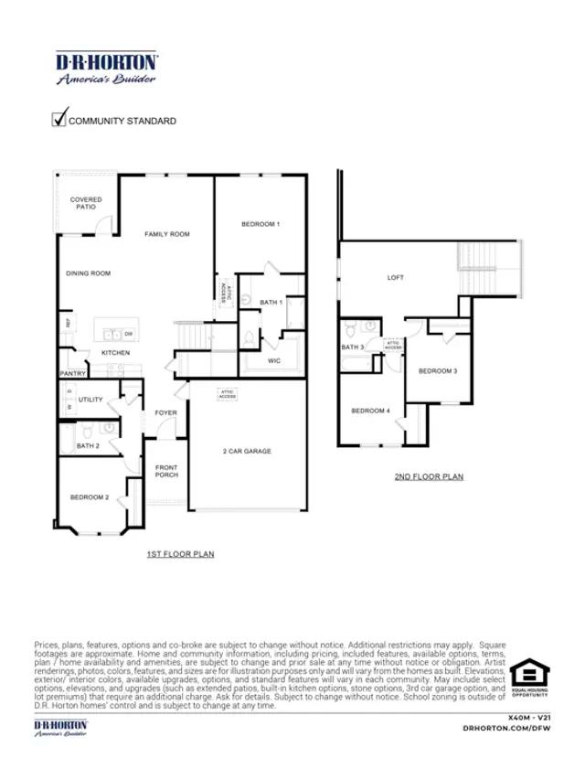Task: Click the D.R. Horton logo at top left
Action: [107, 68]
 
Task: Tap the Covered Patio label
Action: [86, 203]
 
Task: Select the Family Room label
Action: [167, 235]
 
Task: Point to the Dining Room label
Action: [88, 273]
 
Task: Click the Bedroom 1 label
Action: [261, 224]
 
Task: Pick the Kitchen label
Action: [115, 353]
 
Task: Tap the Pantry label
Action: [73, 374]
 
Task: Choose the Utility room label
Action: [90, 400]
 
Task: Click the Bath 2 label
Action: [88, 446]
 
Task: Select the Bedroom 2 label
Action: [90, 497]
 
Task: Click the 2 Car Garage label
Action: [247, 452]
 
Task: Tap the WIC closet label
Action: [273, 361]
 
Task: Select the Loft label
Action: [395, 277]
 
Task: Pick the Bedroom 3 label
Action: [437, 371]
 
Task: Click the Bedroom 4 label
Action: [371, 411]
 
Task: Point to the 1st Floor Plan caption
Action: [180, 555]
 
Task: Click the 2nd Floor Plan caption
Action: [429, 476]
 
